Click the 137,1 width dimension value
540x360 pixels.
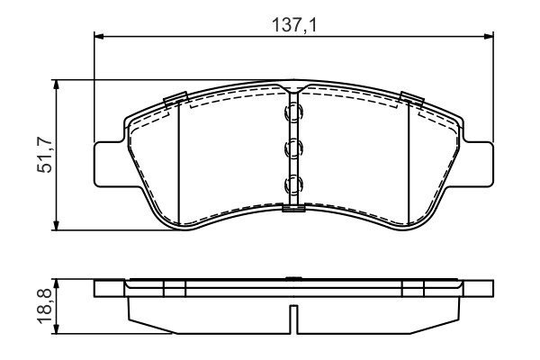point(293,25)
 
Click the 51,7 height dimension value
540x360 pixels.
point(45,155)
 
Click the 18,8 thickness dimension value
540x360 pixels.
point(45,306)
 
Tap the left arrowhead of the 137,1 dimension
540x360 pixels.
point(99,36)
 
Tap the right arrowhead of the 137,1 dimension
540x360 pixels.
point(489,36)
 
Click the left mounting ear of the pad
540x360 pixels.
point(110,164)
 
